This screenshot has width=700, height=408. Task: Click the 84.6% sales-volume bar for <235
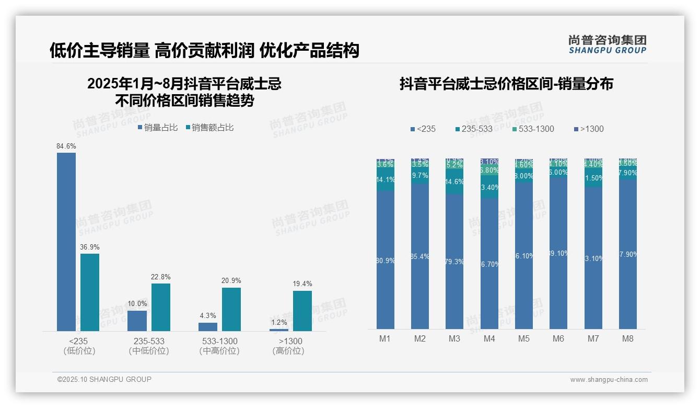[x=66, y=242]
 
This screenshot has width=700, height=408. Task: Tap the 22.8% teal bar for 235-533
[x=161, y=307]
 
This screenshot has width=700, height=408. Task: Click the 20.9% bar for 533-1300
[x=231, y=309]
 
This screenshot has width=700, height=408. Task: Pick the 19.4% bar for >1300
[x=302, y=311]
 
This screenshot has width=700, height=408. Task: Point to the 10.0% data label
[x=137, y=304]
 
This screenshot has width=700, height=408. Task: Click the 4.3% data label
[x=207, y=316]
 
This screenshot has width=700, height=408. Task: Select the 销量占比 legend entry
[x=158, y=128]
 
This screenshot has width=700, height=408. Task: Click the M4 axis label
[x=489, y=339]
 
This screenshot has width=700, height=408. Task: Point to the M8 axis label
[x=628, y=339]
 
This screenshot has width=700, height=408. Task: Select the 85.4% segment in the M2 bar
[x=420, y=256]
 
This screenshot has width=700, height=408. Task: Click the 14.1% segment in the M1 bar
[x=386, y=179]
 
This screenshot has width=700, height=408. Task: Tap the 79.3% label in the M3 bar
[x=454, y=262]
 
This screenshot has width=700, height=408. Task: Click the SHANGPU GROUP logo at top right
[x=607, y=44]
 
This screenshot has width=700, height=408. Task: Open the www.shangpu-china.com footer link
[x=609, y=380]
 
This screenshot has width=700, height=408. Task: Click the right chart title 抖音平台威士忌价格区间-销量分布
[x=506, y=84]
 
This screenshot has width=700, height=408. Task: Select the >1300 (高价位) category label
[x=288, y=346]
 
